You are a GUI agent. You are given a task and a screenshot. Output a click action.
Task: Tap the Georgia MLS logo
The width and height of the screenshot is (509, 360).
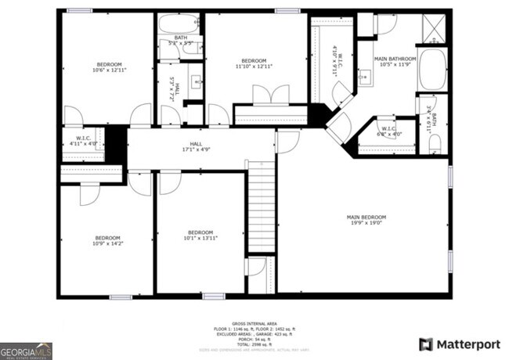tap(26, 349)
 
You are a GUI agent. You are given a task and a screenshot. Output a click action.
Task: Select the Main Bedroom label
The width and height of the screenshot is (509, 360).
tap(366, 220)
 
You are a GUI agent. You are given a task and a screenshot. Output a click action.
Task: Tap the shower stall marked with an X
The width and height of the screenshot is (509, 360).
tap(432, 30)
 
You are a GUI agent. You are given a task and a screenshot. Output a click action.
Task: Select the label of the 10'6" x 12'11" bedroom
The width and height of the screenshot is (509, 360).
tap(108, 67)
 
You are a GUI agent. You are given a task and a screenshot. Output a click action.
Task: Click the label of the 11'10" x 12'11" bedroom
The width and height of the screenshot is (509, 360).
tap(254, 64)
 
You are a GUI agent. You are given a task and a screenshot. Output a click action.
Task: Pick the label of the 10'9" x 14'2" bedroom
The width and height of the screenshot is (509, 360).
tap(107, 241)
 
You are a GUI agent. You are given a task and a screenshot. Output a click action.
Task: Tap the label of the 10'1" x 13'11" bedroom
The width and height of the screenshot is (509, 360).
tap(200, 235)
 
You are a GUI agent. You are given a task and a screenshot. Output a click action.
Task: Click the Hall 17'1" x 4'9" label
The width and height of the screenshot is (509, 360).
tap(196, 146)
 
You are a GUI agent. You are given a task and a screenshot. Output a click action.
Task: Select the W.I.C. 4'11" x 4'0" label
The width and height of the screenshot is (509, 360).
tap(83, 141)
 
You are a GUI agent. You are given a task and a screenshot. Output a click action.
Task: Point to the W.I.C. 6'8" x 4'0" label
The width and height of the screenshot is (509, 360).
tap(391, 131)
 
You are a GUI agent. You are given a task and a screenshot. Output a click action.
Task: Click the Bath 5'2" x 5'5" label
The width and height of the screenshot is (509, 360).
tap(181, 40)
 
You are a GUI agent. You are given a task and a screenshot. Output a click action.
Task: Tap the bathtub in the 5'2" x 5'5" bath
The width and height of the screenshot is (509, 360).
tap(180, 24)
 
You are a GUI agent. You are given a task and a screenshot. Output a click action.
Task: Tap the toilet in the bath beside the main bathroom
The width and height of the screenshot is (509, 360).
tap(436, 142)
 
